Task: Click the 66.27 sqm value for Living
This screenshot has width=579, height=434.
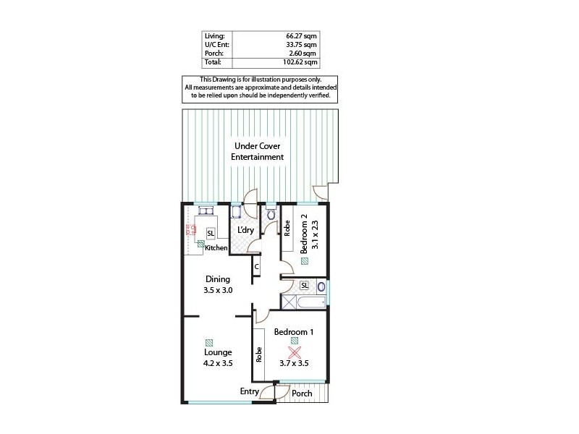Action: [x=301, y=35]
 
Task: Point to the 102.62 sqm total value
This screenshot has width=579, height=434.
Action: [x=300, y=63]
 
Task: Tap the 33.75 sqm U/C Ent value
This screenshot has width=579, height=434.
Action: [x=301, y=44]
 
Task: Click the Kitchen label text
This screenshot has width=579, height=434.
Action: [x=216, y=248]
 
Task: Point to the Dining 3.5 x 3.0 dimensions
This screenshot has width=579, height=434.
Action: [x=217, y=290]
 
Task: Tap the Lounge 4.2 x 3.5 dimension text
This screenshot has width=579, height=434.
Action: [x=217, y=364]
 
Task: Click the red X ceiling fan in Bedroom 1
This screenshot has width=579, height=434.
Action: [x=295, y=353]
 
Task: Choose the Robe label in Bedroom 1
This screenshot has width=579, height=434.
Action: [x=258, y=354]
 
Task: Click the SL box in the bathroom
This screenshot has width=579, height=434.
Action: [x=304, y=285]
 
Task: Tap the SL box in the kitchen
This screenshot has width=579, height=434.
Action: [x=210, y=234]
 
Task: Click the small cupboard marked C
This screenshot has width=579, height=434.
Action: [x=256, y=267]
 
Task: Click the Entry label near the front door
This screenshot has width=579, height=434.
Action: [x=250, y=391]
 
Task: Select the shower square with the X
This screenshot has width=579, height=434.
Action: [x=289, y=302]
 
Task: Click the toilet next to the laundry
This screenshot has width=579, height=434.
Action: [x=271, y=214]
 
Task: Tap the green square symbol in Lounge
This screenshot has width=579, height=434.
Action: [x=209, y=342]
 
